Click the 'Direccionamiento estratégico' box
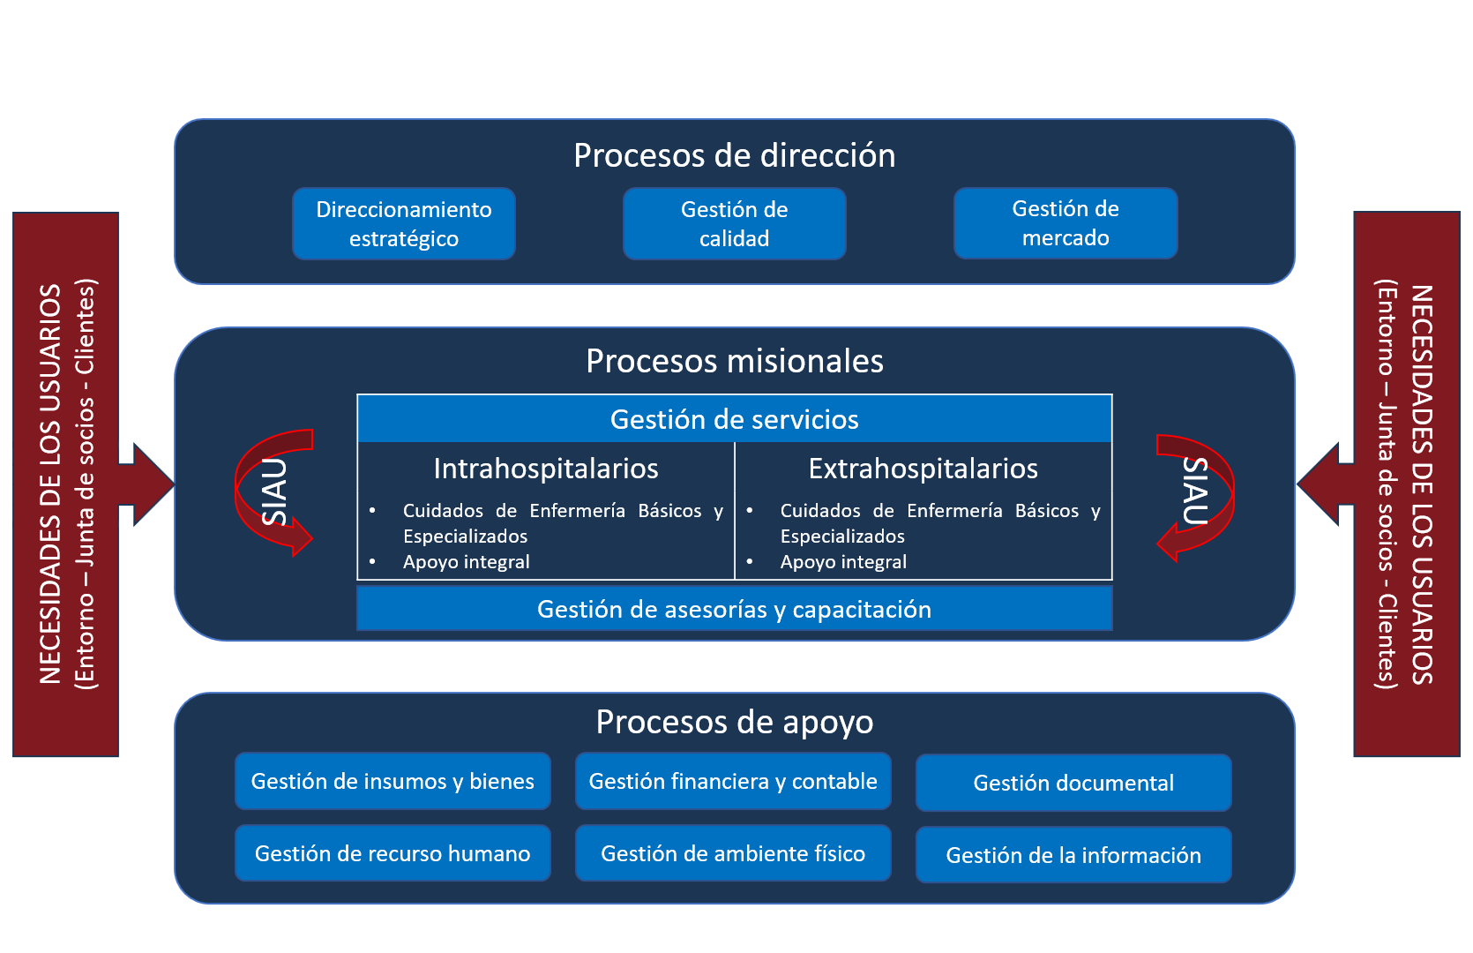click(404, 223)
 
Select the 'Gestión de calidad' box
click(734, 223)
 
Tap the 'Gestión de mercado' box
click(1065, 222)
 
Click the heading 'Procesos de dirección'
click(734, 155)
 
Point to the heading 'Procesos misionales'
click(734, 361)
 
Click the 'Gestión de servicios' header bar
click(734, 419)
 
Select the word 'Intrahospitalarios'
click(546, 469)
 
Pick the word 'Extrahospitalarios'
click(923, 469)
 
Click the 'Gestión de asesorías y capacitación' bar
click(734, 609)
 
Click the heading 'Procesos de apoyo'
click(734, 722)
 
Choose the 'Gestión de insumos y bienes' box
click(393, 781)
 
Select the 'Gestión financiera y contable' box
click(733, 781)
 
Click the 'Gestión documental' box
click(1073, 783)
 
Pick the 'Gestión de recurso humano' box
click(393, 853)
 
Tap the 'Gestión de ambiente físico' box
click(733, 853)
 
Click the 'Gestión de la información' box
click(1073, 855)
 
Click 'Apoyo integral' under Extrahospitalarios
click(843, 562)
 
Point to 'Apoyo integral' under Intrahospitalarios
click(466, 562)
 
